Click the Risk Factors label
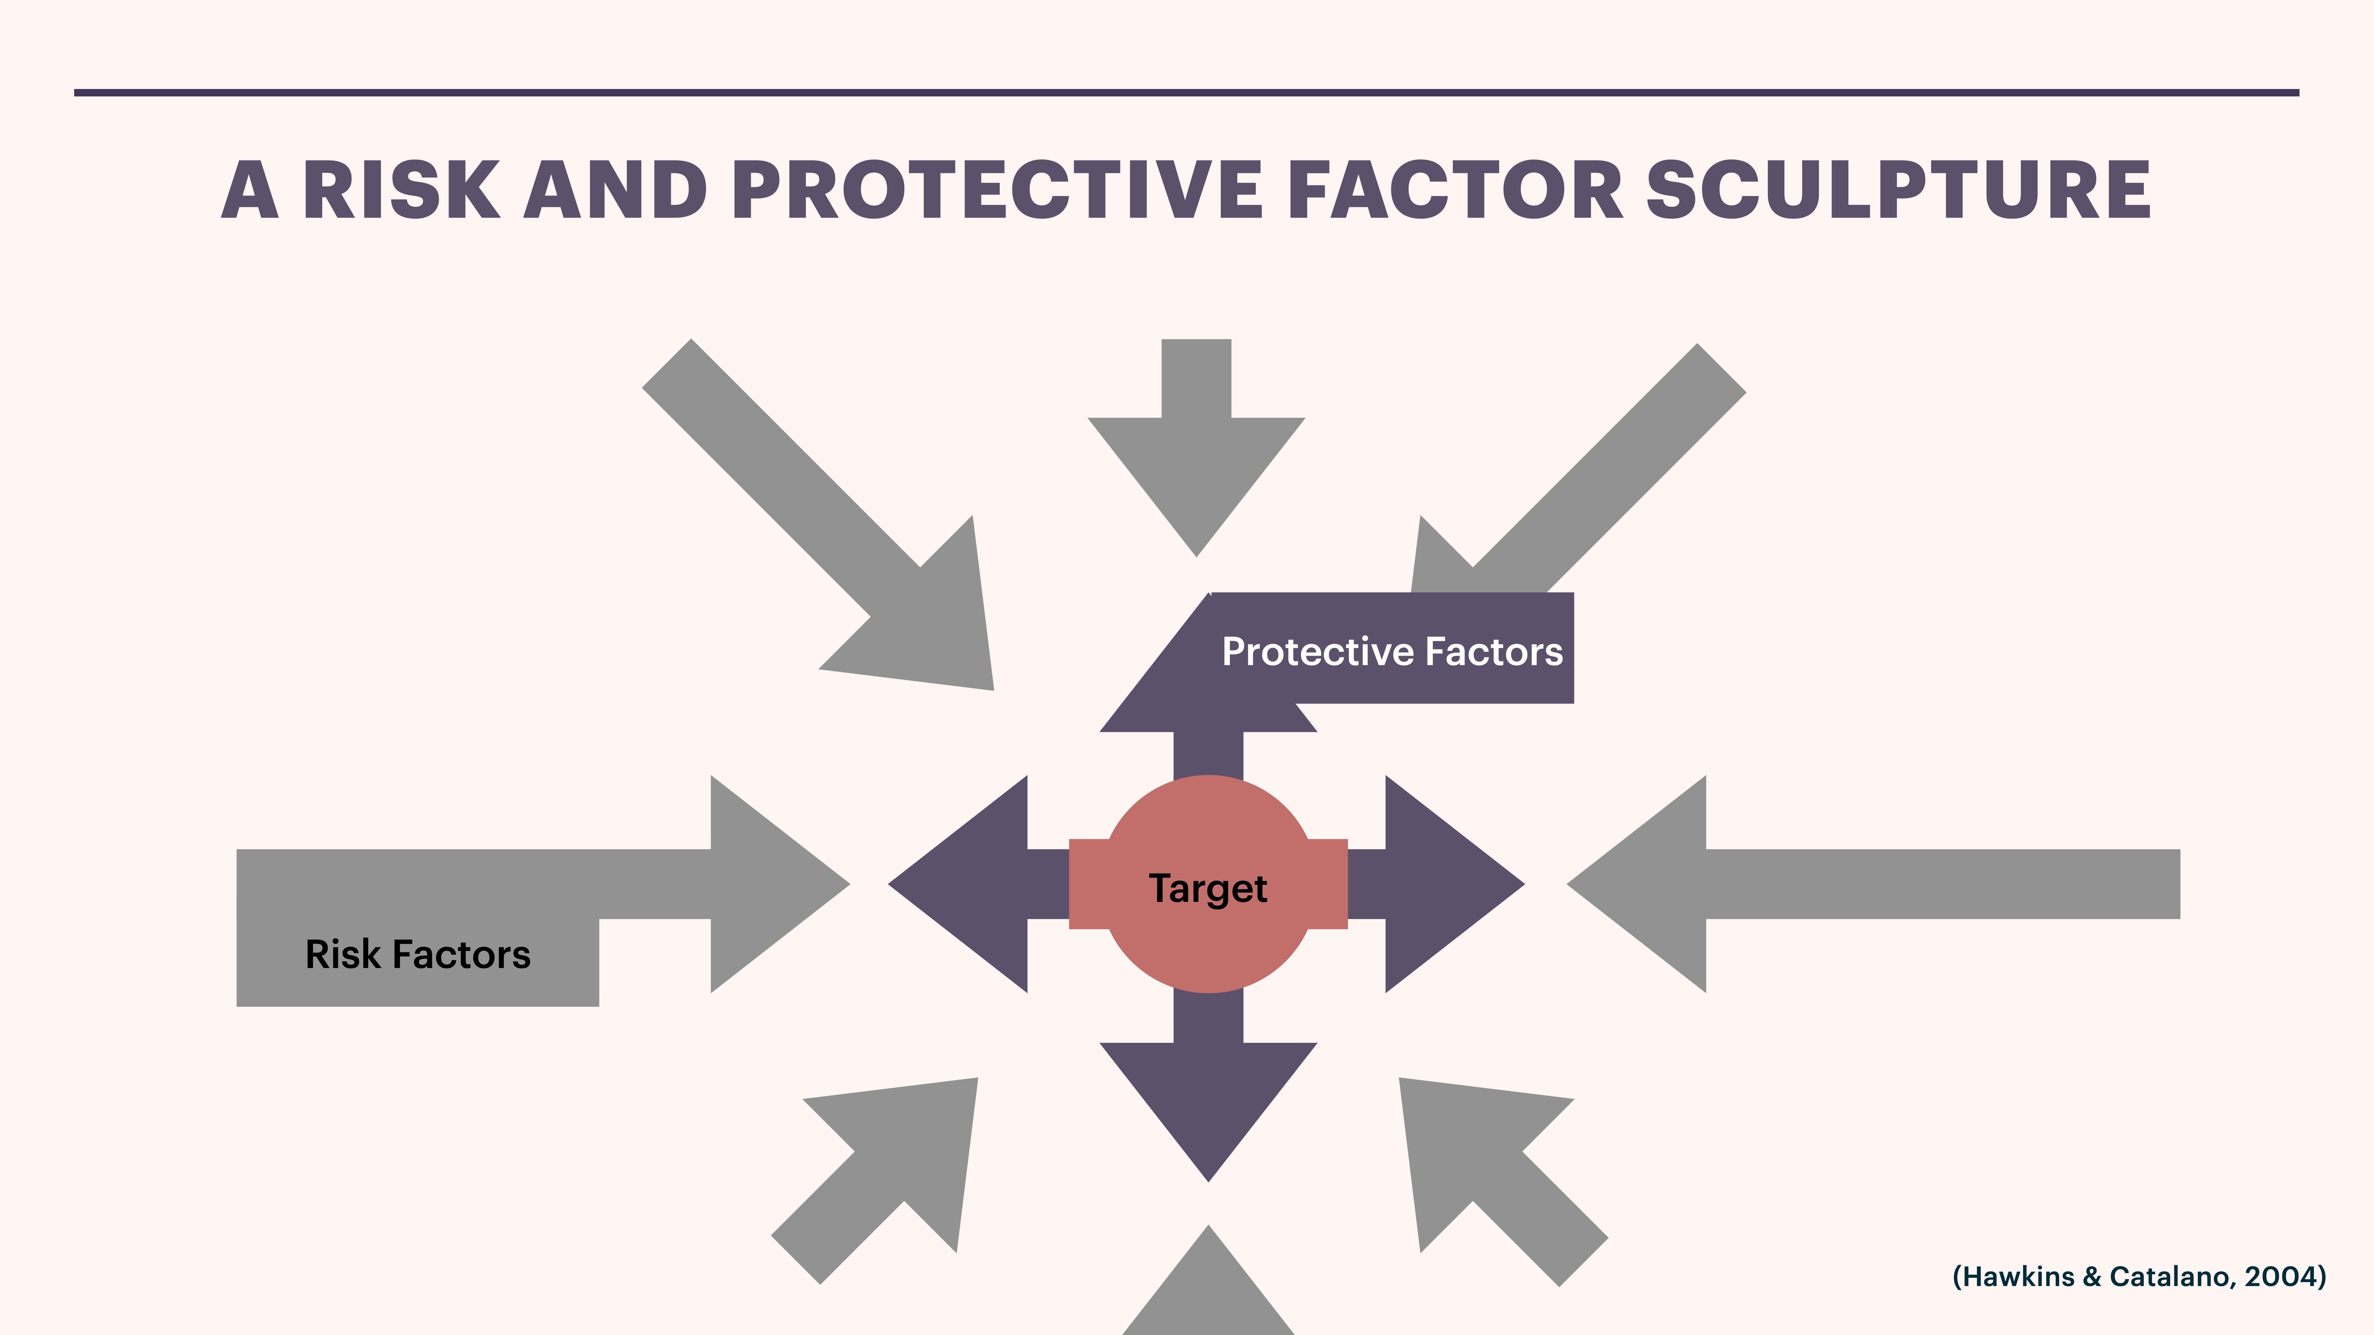click(417, 954)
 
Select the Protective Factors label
click(1392, 651)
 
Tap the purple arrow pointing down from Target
click(1208, 1096)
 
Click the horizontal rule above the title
click(1187, 92)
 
